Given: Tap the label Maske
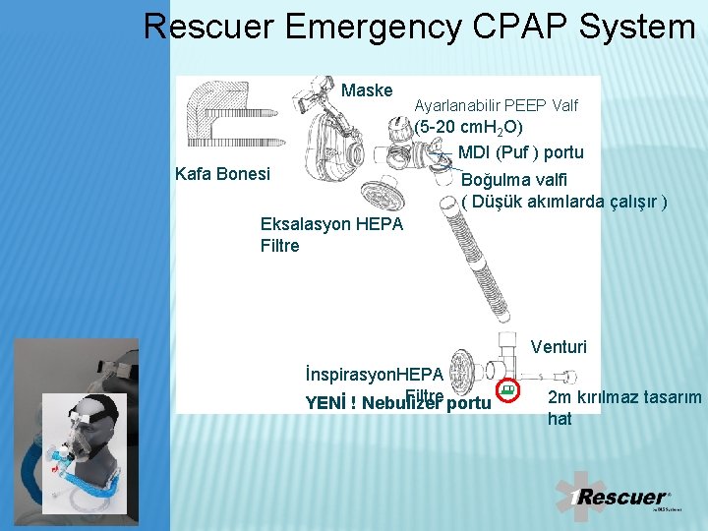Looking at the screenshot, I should tap(367, 90).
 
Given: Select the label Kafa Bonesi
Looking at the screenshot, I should tap(222, 174).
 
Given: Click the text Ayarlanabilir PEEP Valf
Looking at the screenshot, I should tap(496, 105).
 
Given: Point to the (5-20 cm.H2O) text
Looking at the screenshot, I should tap(468, 128).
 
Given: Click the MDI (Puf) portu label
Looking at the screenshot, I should tap(520, 152).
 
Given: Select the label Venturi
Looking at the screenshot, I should tap(559, 346).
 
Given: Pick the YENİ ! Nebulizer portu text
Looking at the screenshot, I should tap(398, 402).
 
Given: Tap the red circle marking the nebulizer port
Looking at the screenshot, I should tap(507, 390).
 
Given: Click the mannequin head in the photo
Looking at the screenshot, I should tap(93, 433).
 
